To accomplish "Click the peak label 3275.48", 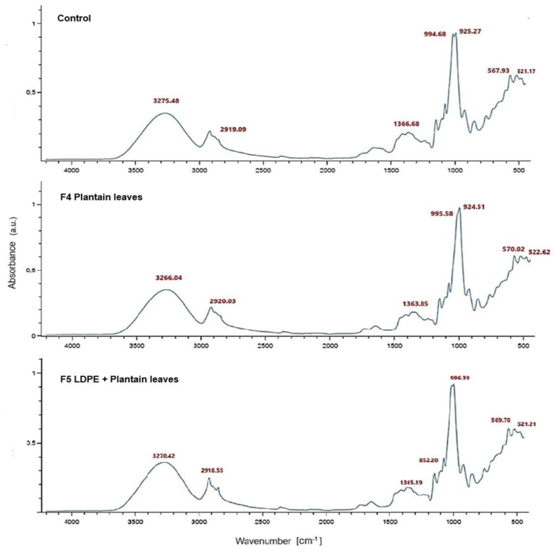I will click(166, 101).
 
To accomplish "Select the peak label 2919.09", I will click(233, 129).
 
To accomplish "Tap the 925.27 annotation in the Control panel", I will click(470, 31).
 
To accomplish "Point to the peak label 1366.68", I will click(406, 124).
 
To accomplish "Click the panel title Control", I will click(74, 18).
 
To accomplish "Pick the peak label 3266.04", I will click(169, 278).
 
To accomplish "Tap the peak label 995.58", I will click(442, 214).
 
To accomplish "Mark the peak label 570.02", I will click(513, 249).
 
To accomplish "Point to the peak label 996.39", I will click(460, 378).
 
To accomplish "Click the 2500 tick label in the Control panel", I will click(263, 171).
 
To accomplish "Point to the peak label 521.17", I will click(526, 71).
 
